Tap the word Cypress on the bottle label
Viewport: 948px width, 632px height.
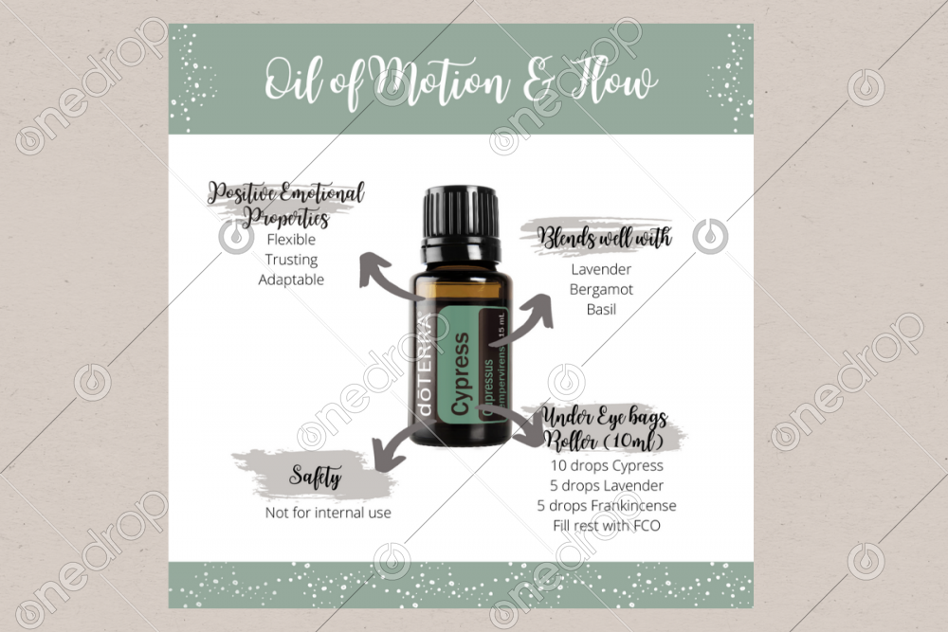pos(461,373)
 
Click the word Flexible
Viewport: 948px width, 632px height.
pos(291,240)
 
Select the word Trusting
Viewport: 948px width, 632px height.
pos(291,260)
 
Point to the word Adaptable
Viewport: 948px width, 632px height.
pos(291,280)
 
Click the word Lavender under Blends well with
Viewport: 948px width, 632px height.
pos(601,269)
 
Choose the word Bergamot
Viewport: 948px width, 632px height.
pos(601,289)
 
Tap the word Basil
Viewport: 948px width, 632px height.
pos(601,309)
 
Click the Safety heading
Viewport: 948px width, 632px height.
pos(315,477)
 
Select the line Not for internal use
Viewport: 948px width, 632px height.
pos(328,513)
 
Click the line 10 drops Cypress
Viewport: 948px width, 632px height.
pos(607,466)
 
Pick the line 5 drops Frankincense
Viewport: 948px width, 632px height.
pos(607,506)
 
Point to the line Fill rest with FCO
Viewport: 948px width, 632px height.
pos(607,526)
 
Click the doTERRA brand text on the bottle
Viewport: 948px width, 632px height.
pos(426,366)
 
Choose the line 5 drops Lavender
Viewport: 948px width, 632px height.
pos(607,486)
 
